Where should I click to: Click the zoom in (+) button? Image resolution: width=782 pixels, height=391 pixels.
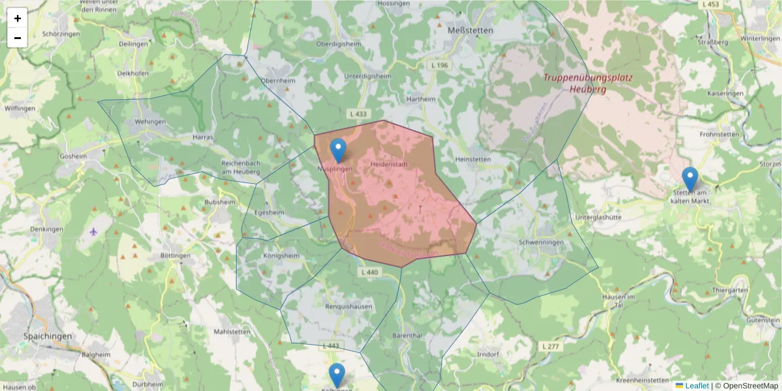click(x=18, y=18)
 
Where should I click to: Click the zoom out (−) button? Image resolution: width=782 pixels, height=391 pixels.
click(x=18, y=38)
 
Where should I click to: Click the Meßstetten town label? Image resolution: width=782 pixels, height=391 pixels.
click(x=471, y=30)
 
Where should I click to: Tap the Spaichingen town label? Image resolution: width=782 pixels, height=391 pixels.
click(x=47, y=336)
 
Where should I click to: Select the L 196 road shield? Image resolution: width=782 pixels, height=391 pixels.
click(x=440, y=65)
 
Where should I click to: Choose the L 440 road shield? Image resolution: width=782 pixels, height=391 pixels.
click(x=368, y=272)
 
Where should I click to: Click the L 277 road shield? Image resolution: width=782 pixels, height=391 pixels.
click(x=550, y=347)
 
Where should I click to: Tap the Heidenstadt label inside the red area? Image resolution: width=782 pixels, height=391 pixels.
click(x=389, y=165)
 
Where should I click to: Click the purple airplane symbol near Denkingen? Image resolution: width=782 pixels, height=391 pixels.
click(x=93, y=231)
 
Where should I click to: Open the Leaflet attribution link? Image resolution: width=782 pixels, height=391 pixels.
click(x=696, y=386)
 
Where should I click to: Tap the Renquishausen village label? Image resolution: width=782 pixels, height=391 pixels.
click(x=350, y=306)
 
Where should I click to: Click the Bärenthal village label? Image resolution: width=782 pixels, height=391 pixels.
click(x=408, y=335)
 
